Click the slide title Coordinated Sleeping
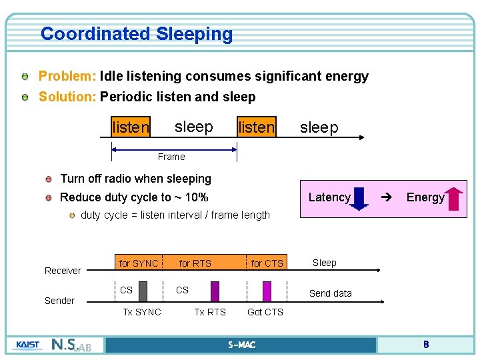[x=137, y=33]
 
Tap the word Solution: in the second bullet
[x=68, y=97]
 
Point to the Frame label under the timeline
[x=171, y=157]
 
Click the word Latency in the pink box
[x=329, y=197]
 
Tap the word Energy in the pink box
[x=425, y=197]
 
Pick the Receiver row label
[x=63, y=271]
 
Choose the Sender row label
[x=59, y=301]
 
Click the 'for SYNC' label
[x=139, y=263]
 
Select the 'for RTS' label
[x=195, y=263]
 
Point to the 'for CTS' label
[x=267, y=263]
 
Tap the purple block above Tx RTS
[x=215, y=291]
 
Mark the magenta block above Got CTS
[x=267, y=291]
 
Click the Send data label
[x=331, y=293]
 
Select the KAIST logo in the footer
[x=27, y=345]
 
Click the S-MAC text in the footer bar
[x=241, y=345]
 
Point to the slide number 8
[x=425, y=345]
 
